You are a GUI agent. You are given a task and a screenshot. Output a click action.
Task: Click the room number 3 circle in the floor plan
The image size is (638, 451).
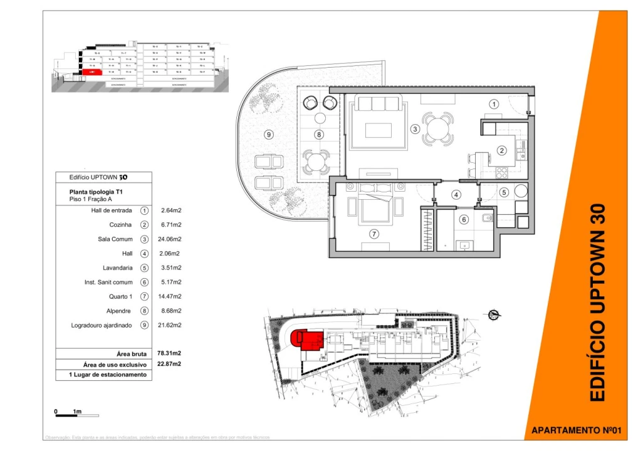pyautogui.click(x=415, y=130)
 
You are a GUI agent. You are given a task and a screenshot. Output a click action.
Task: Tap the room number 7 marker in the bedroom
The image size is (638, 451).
pyautogui.click(x=374, y=234)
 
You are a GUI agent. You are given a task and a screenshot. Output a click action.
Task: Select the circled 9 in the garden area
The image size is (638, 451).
pyautogui.click(x=269, y=134)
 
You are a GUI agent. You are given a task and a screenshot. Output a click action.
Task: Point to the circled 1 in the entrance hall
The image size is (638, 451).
pyautogui.click(x=494, y=104)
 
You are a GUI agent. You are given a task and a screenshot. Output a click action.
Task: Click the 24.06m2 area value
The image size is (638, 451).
pyautogui.click(x=171, y=239)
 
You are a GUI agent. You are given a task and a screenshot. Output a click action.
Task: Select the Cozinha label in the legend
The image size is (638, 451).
pyautogui.click(x=121, y=225)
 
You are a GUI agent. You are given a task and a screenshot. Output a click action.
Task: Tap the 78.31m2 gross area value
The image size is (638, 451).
pyautogui.click(x=171, y=354)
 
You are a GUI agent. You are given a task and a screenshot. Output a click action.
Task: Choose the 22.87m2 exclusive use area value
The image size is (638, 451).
pyautogui.click(x=171, y=364)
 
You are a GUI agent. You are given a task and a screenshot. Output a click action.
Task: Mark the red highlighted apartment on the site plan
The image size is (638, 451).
pyautogui.click(x=307, y=340)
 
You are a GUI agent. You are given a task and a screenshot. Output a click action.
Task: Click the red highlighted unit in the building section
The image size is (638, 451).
pyautogui.click(x=92, y=72)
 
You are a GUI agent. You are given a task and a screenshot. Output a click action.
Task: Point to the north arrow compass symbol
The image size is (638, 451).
pyautogui.click(x=493, y=314)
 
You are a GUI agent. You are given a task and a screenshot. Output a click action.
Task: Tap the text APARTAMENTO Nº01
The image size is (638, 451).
pyautogui.click(x=575, y=430)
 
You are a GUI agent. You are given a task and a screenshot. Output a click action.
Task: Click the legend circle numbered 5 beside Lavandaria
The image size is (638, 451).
pyautogui.click(x=144, y=268)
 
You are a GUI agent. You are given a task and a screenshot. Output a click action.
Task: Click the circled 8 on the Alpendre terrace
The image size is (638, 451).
pyautogui.click(x=319, y=134)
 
